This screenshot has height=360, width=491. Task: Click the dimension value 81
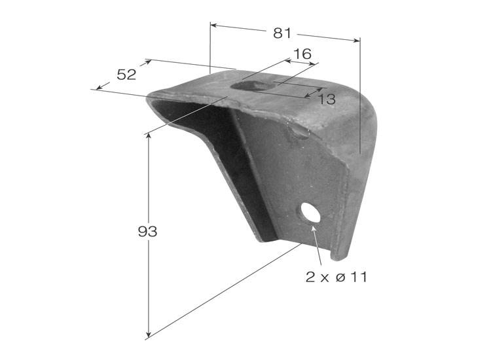[x=282, y=33]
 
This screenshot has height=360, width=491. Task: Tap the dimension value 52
[x=126, y=75]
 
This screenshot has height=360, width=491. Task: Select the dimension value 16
[x=302, y=54]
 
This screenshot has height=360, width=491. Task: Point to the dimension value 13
[x=327, y=99]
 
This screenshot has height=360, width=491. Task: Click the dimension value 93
[x=147, y=232]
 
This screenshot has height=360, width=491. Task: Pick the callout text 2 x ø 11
[x=336, y=277]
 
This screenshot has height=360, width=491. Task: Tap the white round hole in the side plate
[x=310, y=213]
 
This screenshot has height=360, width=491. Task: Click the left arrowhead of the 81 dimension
[x=213, y=25]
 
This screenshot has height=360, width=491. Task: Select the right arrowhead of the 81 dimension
[x=357, y=40]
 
